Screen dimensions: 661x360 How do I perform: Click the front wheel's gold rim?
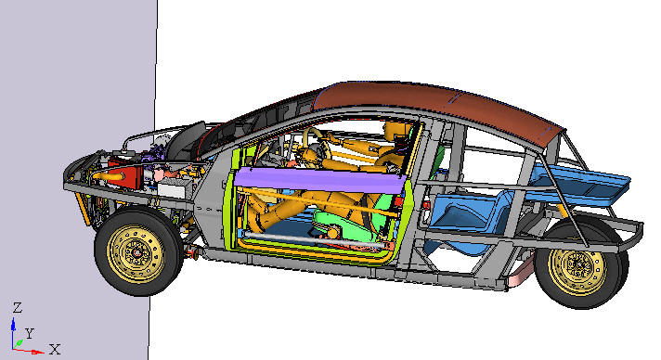[x=136, y=253]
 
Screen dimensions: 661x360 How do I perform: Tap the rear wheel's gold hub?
[x=578, y=264]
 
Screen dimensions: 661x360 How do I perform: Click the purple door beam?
[x=320, y=180]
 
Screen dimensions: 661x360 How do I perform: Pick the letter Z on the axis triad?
[x=18, y=307]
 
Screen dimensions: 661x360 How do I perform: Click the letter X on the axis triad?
[x=55, y=349]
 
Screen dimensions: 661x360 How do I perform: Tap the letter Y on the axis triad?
[x=29, y=334]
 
